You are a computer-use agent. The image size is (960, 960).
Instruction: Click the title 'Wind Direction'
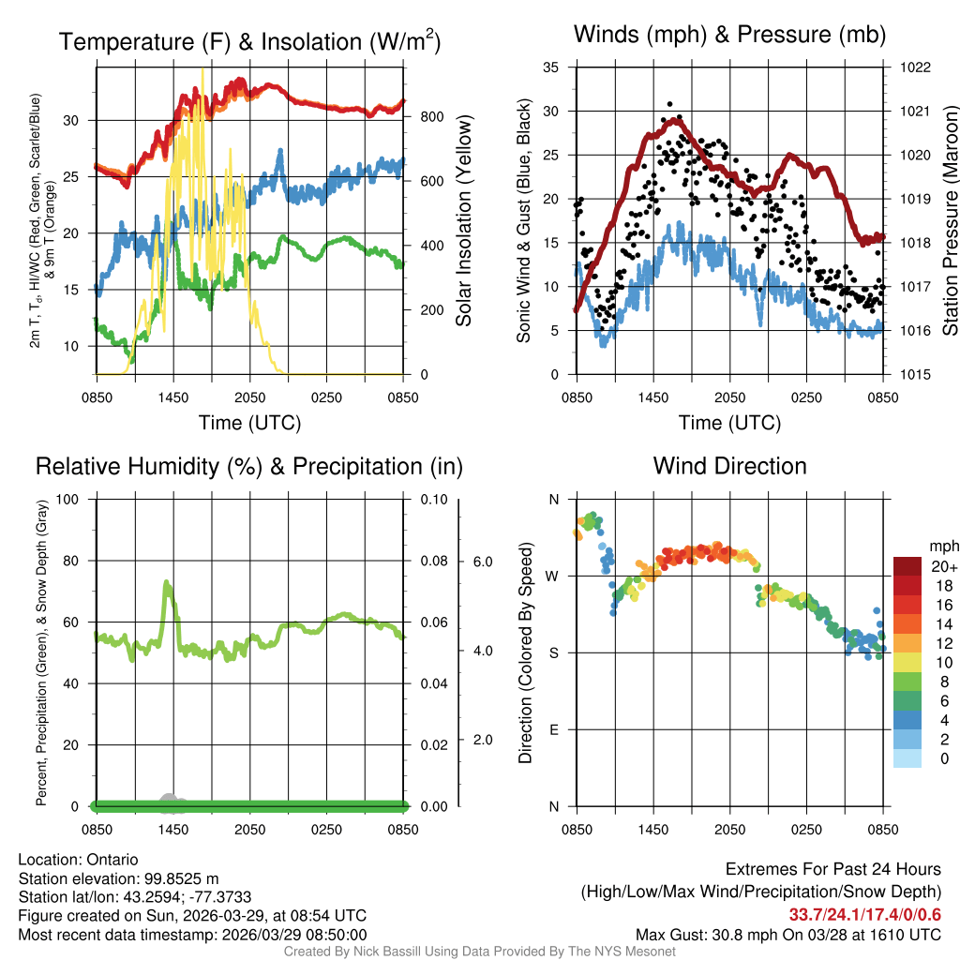click(729, 466)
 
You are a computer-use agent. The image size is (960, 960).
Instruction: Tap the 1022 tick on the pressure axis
click(915, 67)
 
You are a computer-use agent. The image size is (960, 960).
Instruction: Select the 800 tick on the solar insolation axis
click(431, 117)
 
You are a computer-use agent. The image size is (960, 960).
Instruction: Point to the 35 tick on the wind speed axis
click(551, 67)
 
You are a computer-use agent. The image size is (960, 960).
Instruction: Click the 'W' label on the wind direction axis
click(554, 576)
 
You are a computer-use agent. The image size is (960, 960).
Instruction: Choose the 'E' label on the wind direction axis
click(554, 729)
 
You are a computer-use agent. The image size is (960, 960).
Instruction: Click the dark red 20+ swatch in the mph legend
click(910, 567)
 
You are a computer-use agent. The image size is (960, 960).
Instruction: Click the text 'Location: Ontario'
click(78, 860)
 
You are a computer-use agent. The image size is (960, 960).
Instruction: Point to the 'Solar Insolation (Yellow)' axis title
click(464, 221)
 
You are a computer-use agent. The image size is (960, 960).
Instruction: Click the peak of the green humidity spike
click(166, 583)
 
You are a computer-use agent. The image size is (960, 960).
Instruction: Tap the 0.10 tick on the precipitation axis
click(433, 499)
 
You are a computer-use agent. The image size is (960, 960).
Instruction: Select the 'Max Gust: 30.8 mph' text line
click(788, 935)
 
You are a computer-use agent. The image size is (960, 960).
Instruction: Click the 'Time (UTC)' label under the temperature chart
click(249, 423)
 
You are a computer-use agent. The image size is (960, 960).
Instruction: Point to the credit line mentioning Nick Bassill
click(479, 952)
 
